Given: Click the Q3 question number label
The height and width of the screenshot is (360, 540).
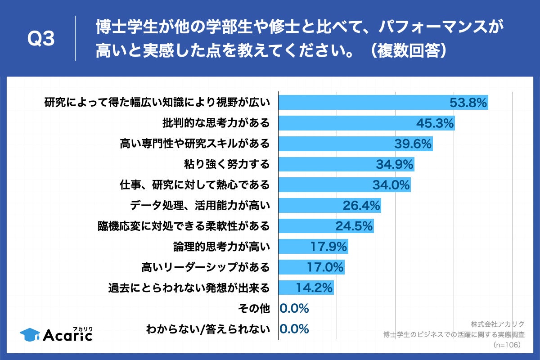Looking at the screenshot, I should pos(41,40).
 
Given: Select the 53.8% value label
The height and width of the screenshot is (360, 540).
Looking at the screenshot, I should pos(468,103).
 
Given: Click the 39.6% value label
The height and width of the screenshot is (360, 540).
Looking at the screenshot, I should pos(413,144).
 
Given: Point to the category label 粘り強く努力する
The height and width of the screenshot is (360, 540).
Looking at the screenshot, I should pos(227,164).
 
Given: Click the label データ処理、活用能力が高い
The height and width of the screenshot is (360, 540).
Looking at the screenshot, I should pos(200,206).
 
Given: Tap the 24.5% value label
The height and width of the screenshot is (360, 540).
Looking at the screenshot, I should pos(354,226).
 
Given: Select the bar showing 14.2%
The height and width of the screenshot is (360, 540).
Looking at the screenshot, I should pos(306,288).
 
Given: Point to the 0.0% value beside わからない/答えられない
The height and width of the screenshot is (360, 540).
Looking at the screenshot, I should pos(294,329).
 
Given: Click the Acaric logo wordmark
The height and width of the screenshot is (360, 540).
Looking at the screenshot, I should pos(67,335).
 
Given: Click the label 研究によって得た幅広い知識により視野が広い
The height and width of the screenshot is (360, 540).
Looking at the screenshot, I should pos(157,103).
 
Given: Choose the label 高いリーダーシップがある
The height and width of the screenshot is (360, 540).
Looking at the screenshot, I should pos(205,267).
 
